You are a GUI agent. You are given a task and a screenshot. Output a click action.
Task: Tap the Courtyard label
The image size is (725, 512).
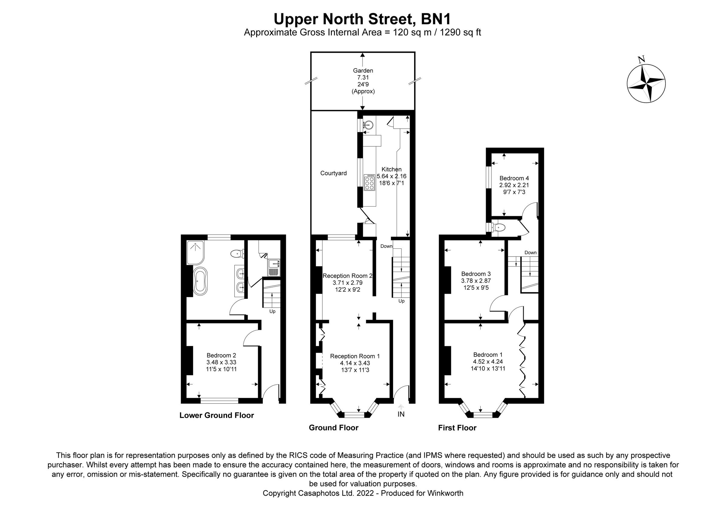click(333, 173)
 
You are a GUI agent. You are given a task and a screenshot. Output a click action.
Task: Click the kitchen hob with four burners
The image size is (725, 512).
click(369, 183)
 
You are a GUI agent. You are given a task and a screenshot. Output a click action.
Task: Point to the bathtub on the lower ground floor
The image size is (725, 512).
click(200, 281)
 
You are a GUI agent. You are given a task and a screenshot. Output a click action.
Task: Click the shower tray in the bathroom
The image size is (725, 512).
click(195, 252)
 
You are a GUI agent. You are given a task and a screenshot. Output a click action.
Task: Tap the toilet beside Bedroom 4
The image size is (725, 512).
click(499, 227)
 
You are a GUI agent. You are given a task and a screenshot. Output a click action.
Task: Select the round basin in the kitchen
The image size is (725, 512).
click(368, 125)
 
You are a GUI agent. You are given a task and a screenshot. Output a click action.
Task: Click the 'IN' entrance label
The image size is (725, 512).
click(401, 414)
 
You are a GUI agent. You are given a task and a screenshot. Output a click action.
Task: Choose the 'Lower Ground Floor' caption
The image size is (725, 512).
click(217, 415)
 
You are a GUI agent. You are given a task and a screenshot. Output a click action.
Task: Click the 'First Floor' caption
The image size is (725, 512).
click(457, 428)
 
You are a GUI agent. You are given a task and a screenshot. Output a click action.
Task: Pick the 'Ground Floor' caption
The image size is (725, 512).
click(333, 428)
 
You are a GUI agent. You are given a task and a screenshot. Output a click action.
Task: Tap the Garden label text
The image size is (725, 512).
click(363, 71)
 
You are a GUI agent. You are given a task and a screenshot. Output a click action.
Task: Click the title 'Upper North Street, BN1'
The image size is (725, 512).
click(362, 19)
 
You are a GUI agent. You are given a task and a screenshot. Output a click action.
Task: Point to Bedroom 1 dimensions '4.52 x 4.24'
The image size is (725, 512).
click(488, 362)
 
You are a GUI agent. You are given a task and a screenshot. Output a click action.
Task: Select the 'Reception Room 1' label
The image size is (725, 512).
click(355, 356)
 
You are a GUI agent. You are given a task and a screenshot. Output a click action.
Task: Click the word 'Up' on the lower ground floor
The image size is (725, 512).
click(272, 311)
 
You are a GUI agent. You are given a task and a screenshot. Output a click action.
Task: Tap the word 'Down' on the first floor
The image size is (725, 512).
click(530, 252)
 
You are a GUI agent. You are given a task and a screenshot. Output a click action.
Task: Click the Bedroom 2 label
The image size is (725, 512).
click(221, 356)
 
